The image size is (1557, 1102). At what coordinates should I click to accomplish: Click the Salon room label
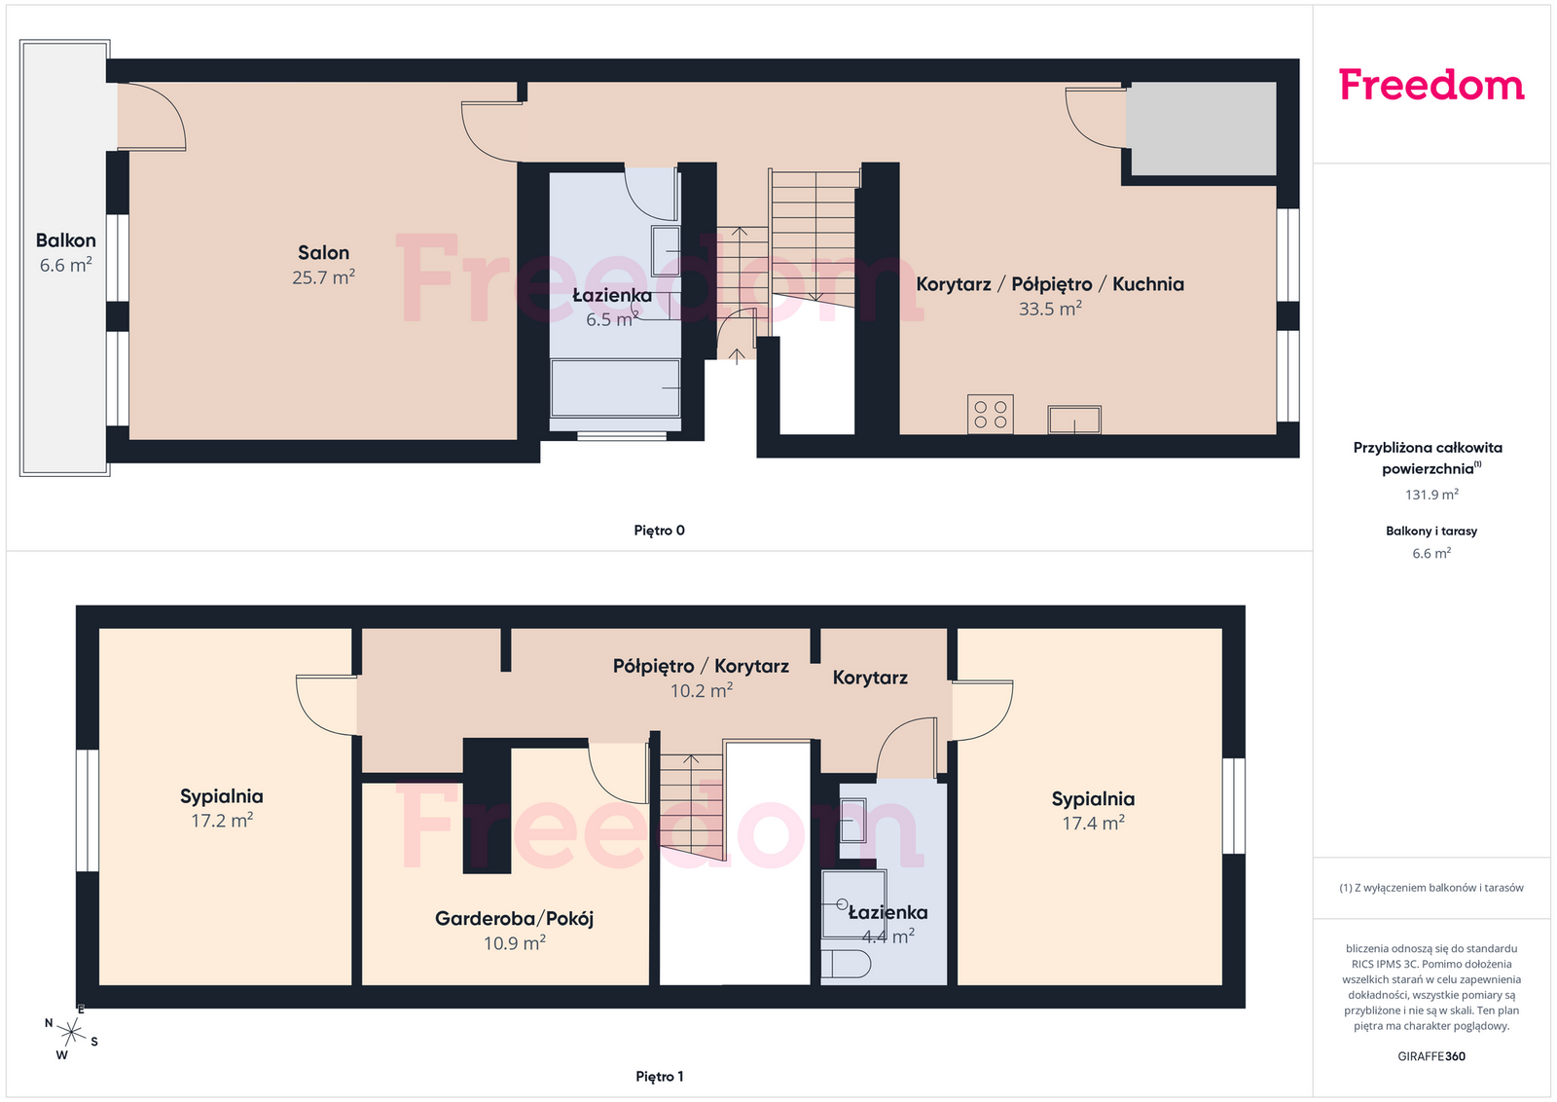(323, 252)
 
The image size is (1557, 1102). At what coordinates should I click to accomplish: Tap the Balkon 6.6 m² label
(65, 252)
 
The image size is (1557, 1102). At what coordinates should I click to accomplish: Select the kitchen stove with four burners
(990, 415)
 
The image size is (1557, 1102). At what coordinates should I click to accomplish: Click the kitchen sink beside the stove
(1074, 420)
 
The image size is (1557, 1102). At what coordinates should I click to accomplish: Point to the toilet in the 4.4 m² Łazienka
(846, 965)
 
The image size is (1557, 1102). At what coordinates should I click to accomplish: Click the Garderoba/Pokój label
(515, 918)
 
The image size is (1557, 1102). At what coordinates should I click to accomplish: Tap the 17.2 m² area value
(222, 821)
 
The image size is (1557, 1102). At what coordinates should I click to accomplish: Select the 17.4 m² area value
(1093, 824)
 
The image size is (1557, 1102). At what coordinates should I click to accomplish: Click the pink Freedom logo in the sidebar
(1431, 85)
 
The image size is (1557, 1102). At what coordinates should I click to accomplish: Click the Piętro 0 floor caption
(659, 531)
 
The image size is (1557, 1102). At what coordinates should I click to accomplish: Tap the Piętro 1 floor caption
(659, 1077)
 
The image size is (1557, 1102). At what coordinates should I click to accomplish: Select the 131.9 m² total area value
(1431, 495)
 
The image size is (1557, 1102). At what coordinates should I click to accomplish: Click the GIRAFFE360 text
(1431, 1056)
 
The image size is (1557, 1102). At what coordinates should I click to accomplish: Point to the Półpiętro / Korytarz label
(701, 666)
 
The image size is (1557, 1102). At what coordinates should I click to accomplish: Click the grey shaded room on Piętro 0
(1201, 129)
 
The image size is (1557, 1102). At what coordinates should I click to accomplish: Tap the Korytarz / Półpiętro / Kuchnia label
(1050, 283)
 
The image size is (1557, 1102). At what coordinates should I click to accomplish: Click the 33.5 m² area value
(1050, 309)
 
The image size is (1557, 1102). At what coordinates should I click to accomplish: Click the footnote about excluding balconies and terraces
(1431, 888)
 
